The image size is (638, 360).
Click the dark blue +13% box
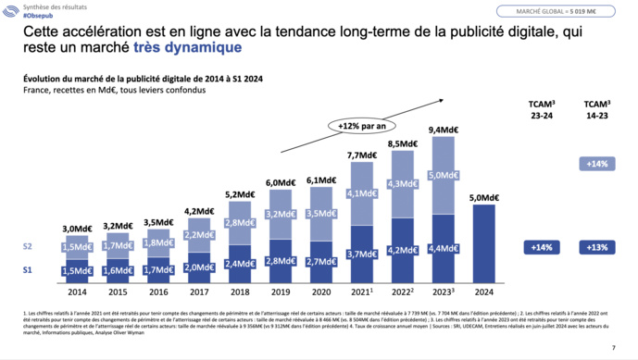pyautogui.click(x=597, y=247)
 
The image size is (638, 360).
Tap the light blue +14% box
pyautogui.click(x=597, y=164)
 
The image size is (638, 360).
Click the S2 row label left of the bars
pyautogui.click(x=29, y=247)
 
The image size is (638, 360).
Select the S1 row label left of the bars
pyautogui.click(x=29, y=269)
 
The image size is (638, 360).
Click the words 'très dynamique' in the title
pyautogui.click(x=187, y=47)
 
